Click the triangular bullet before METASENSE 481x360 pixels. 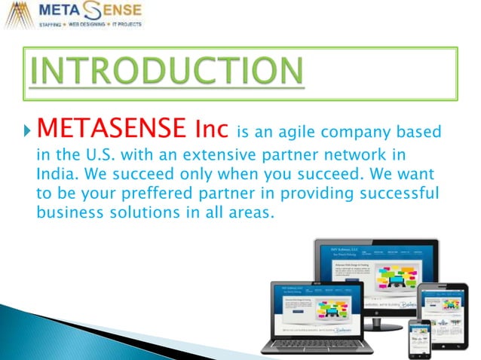pyautogui.click(x=28, y=133)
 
